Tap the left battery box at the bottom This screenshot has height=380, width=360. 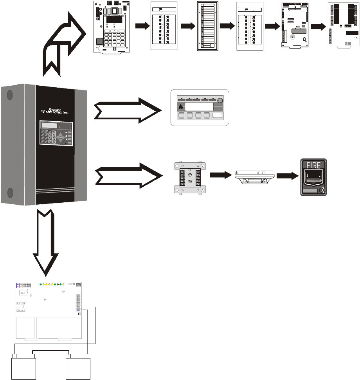coord(24,368)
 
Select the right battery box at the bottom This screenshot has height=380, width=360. coord(78,368)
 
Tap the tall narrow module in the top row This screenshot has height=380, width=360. coord(207,26)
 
